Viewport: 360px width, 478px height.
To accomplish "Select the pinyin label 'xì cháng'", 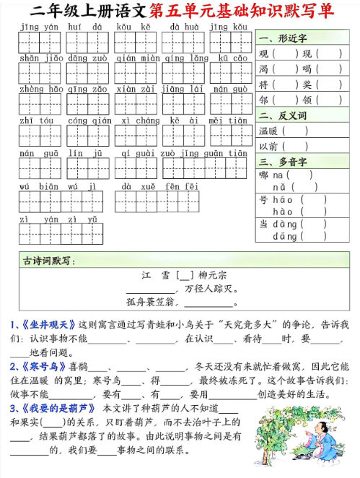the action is point(136,121).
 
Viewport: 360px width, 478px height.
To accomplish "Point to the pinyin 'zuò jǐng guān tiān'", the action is point(204,153).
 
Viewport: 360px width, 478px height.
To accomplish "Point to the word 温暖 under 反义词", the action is point(268,131).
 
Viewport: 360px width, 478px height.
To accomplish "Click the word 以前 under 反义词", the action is point(268,146).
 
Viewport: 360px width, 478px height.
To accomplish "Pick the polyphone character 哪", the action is point(264,175).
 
